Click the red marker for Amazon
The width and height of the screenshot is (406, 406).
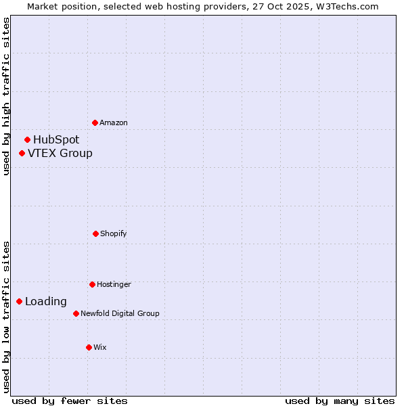pyautogui.click(x=95, y=122)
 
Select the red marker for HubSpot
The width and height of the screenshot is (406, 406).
pyautogui.click(x=27, y=139)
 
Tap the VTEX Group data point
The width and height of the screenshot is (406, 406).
pyautogui.click(x=22, y=153)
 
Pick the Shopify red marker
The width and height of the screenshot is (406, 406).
pyautogui.click(x=95, y=233)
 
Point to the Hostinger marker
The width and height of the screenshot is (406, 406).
pyautogui.click(x=92, y=284)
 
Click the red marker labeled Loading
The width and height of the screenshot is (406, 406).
pyautogui.click(x=19, y=301)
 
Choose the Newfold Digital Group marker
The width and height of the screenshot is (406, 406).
pyautogui.click(x=76, y=313)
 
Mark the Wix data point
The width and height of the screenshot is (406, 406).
pyautogui.click(x=89, y=347)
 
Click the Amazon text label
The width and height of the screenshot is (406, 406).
pyautogui.click(x=114, y=122)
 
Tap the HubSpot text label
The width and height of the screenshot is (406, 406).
pyautogui.click(x=56, y=139)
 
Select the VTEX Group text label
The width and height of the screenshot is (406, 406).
pyautogui.click(x=60, y=153)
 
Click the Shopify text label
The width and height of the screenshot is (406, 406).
pyautogui.click(x=114, y=233)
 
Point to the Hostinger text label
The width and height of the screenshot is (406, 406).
pyautogui.click(x=114, y=284)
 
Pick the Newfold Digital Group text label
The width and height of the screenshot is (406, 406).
pyautogui.click(x=120, y=313)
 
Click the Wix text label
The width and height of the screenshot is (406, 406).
pyautogui.click(x=100, y=347)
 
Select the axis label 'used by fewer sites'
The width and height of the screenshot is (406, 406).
pyautogui.click(x=70, y=401)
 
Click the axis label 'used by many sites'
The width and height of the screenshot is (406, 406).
pyautogui.click(x=340, y=401)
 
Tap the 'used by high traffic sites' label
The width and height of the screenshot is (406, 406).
pyautogui.click(x=6, y=96)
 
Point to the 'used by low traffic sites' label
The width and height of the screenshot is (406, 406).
pyautogui.click(x=6, y=317)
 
